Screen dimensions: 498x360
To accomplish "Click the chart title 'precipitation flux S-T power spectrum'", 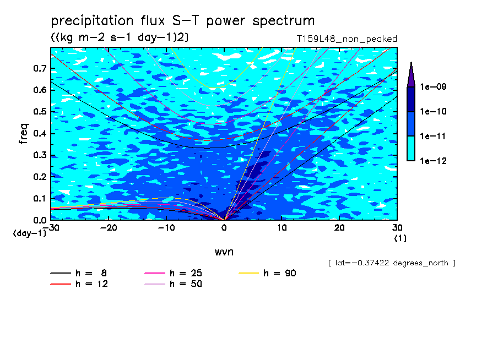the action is pyautogui.click(x=183, y=21).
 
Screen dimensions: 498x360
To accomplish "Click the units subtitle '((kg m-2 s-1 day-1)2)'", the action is pyautogui.click(x=120, y=37).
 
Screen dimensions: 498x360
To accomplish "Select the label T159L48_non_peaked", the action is pyautogui.click(x=347, y=39).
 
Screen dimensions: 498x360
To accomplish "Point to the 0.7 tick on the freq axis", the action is pyautogui.click(x=40, y=68).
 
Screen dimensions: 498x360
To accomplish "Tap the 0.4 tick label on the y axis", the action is pyautogui.click(x=40, y=133).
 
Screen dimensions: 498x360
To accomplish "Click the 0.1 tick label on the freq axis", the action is pyautogui.click(x=40, y=198).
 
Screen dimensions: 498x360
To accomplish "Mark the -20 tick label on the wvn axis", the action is pyautogui.click(x=109, y=228).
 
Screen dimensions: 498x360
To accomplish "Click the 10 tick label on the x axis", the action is pyautogui.click(x=282, y=228).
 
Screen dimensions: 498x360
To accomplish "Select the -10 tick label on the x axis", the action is pyautogui.click(x=166, y=228).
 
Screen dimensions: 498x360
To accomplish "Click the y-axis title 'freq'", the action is pyautogui.click(x=24, y=134).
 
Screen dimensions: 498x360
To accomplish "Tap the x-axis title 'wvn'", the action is pyautogui.click(x=224, y=252).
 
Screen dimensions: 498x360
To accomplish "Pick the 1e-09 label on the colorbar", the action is pyautogui.click(x=433, y=86).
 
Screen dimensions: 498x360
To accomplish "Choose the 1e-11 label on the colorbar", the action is pyautogui.click(x=433, y=136).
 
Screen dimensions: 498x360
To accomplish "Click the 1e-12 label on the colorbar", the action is pyautogui.click(x=433, y=161).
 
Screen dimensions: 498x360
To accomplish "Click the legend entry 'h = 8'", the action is pyautogui.click(x=79, y=273).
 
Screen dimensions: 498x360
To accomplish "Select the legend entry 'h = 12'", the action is pyautogui.click(x=79, y=283).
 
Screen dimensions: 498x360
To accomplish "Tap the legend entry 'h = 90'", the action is pyautogui.click(x=267, y=273).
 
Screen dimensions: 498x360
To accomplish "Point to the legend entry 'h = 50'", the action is pyautogui.click(x=174, y=283).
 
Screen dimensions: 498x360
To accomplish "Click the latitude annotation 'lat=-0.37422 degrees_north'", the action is pyautogui.click(x=392, y=263).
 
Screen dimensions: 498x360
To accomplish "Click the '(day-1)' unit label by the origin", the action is pyautogui.click(x=30, y=233).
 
